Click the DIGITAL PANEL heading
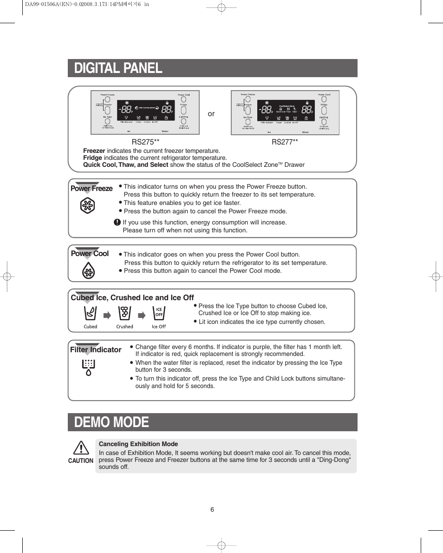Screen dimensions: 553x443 click(x=118, y=68)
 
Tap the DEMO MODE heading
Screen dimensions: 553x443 click(x=111, y=422)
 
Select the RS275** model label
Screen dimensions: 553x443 click(x=145, y=142)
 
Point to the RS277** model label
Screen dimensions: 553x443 click(x=285, y=142)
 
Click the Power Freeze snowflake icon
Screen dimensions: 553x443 click(x=87, y=206)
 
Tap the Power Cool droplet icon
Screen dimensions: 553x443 click(x=88, y=270)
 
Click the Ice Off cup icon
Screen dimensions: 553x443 click(x=159, y=314)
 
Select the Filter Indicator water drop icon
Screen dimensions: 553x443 click(x=88, y=367)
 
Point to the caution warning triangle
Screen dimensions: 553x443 click(x=81, y=448)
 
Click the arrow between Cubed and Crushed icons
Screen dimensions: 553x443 click(x=107, y=316)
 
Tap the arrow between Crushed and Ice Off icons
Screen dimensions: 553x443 click(x=142, y=316)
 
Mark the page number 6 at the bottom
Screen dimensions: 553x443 click(x=212, y=509)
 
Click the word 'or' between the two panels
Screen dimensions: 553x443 click(x=211, y=114)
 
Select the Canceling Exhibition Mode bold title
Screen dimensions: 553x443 click(x=138, y=444)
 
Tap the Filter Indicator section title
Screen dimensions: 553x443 click(x=96, y=350)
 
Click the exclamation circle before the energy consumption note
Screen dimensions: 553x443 click(x=117, y=223)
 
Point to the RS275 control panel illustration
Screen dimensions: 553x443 click(x=145, y=112)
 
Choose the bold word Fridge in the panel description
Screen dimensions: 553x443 click(x=92, y=158)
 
